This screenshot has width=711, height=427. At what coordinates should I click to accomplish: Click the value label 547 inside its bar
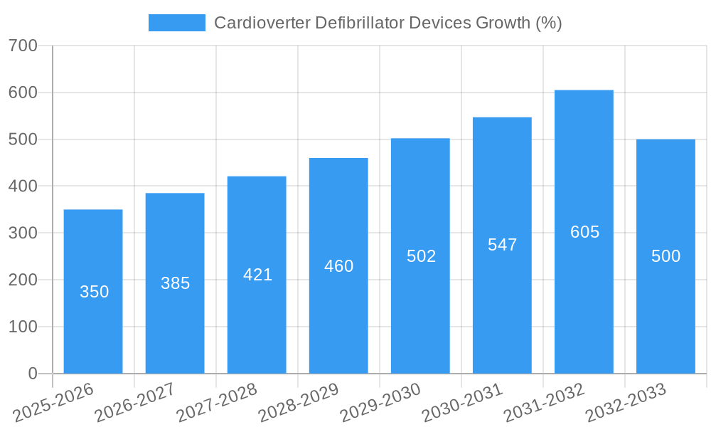[502, 245]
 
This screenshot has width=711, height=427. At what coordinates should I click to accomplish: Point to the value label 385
[175, 283]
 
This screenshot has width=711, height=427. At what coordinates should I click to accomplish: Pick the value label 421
[257, 275]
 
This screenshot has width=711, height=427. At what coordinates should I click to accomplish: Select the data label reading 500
[665, 256]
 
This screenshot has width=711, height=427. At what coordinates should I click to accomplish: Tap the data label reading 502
[421, 256]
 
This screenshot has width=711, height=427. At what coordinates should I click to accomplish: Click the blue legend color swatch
[176, 23]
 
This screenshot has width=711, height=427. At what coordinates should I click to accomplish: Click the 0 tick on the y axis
[33, 374]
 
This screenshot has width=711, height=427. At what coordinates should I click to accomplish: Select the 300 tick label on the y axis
[23, 233]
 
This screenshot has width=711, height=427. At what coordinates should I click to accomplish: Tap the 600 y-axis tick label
[23, 93]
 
